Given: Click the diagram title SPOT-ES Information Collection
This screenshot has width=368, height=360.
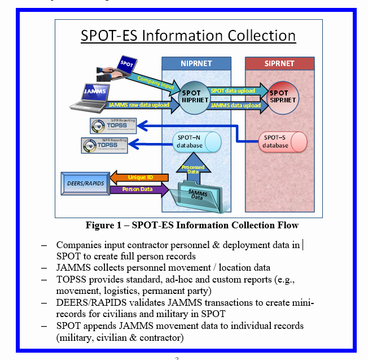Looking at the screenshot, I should pyautogui.click(x=188, y=36).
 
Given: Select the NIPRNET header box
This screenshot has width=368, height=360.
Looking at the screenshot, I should pyautogui.click(x=196, y=63).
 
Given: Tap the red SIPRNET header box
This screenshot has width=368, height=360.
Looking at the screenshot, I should pyautogui.click(x=279, y=63).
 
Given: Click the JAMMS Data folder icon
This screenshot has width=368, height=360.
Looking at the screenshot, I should pyautogui.click(x=199, y=196).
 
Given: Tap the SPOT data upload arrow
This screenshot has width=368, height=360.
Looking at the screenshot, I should pyautogui.click(x=233, y=90).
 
